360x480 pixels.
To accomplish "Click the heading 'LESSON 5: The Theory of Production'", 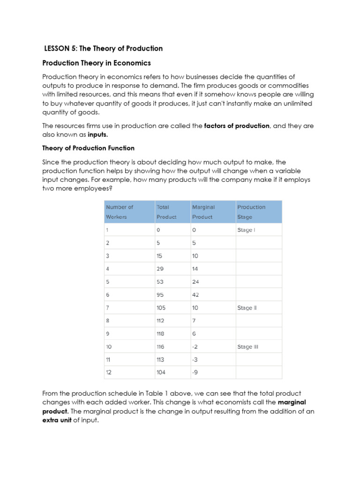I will [103, 48].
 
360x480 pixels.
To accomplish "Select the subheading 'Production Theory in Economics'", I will [97, 63].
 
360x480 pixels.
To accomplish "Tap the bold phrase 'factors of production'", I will [237, 126].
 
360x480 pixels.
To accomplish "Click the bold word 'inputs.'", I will [97, 135].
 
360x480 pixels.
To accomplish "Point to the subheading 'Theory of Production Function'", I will [88, 148].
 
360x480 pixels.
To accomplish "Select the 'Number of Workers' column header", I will [120, 212].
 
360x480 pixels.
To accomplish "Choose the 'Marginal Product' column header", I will [203, 212].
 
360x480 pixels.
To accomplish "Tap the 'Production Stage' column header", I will [251, 212].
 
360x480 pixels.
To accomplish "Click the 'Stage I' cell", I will [246, 230].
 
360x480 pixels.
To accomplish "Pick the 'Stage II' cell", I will [247, 308].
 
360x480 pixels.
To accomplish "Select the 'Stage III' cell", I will [248, 347].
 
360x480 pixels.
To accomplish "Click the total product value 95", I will [161, 295].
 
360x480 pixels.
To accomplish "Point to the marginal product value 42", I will [195, 295].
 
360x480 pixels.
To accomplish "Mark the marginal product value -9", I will [195, 373].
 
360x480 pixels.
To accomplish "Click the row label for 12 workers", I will [109, 373].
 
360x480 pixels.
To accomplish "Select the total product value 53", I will [160, 282].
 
